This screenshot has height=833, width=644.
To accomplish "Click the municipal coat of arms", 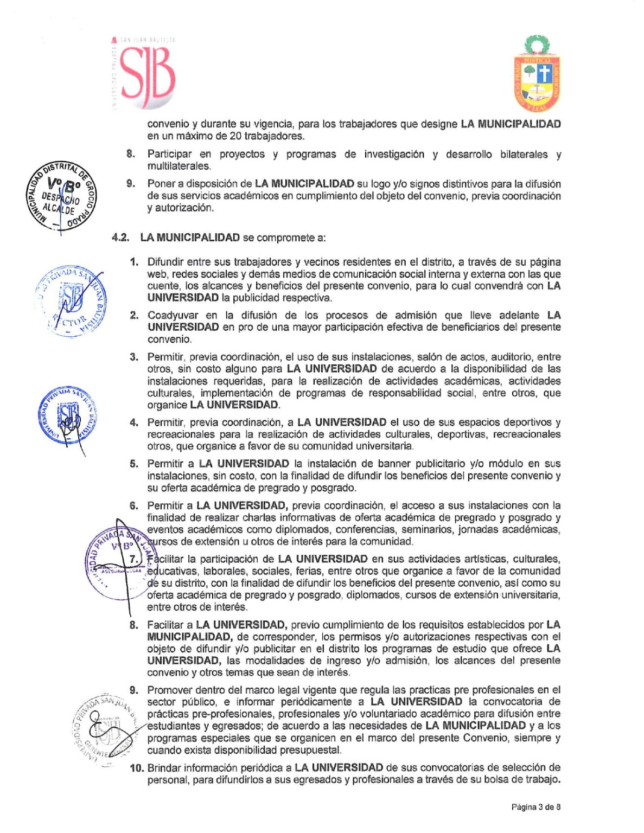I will [x=537, y=74].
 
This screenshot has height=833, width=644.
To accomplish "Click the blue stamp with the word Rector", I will [x=72, y=302].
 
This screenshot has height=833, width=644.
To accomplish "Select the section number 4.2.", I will [x=120, y=238].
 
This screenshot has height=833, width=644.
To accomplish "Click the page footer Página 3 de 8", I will [x=535, y=807].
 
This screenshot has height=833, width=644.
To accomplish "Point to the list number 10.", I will [x=137, y=767].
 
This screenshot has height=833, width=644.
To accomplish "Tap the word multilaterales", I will [x=179, y=166].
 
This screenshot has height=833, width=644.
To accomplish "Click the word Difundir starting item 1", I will [x=165, y=262].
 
